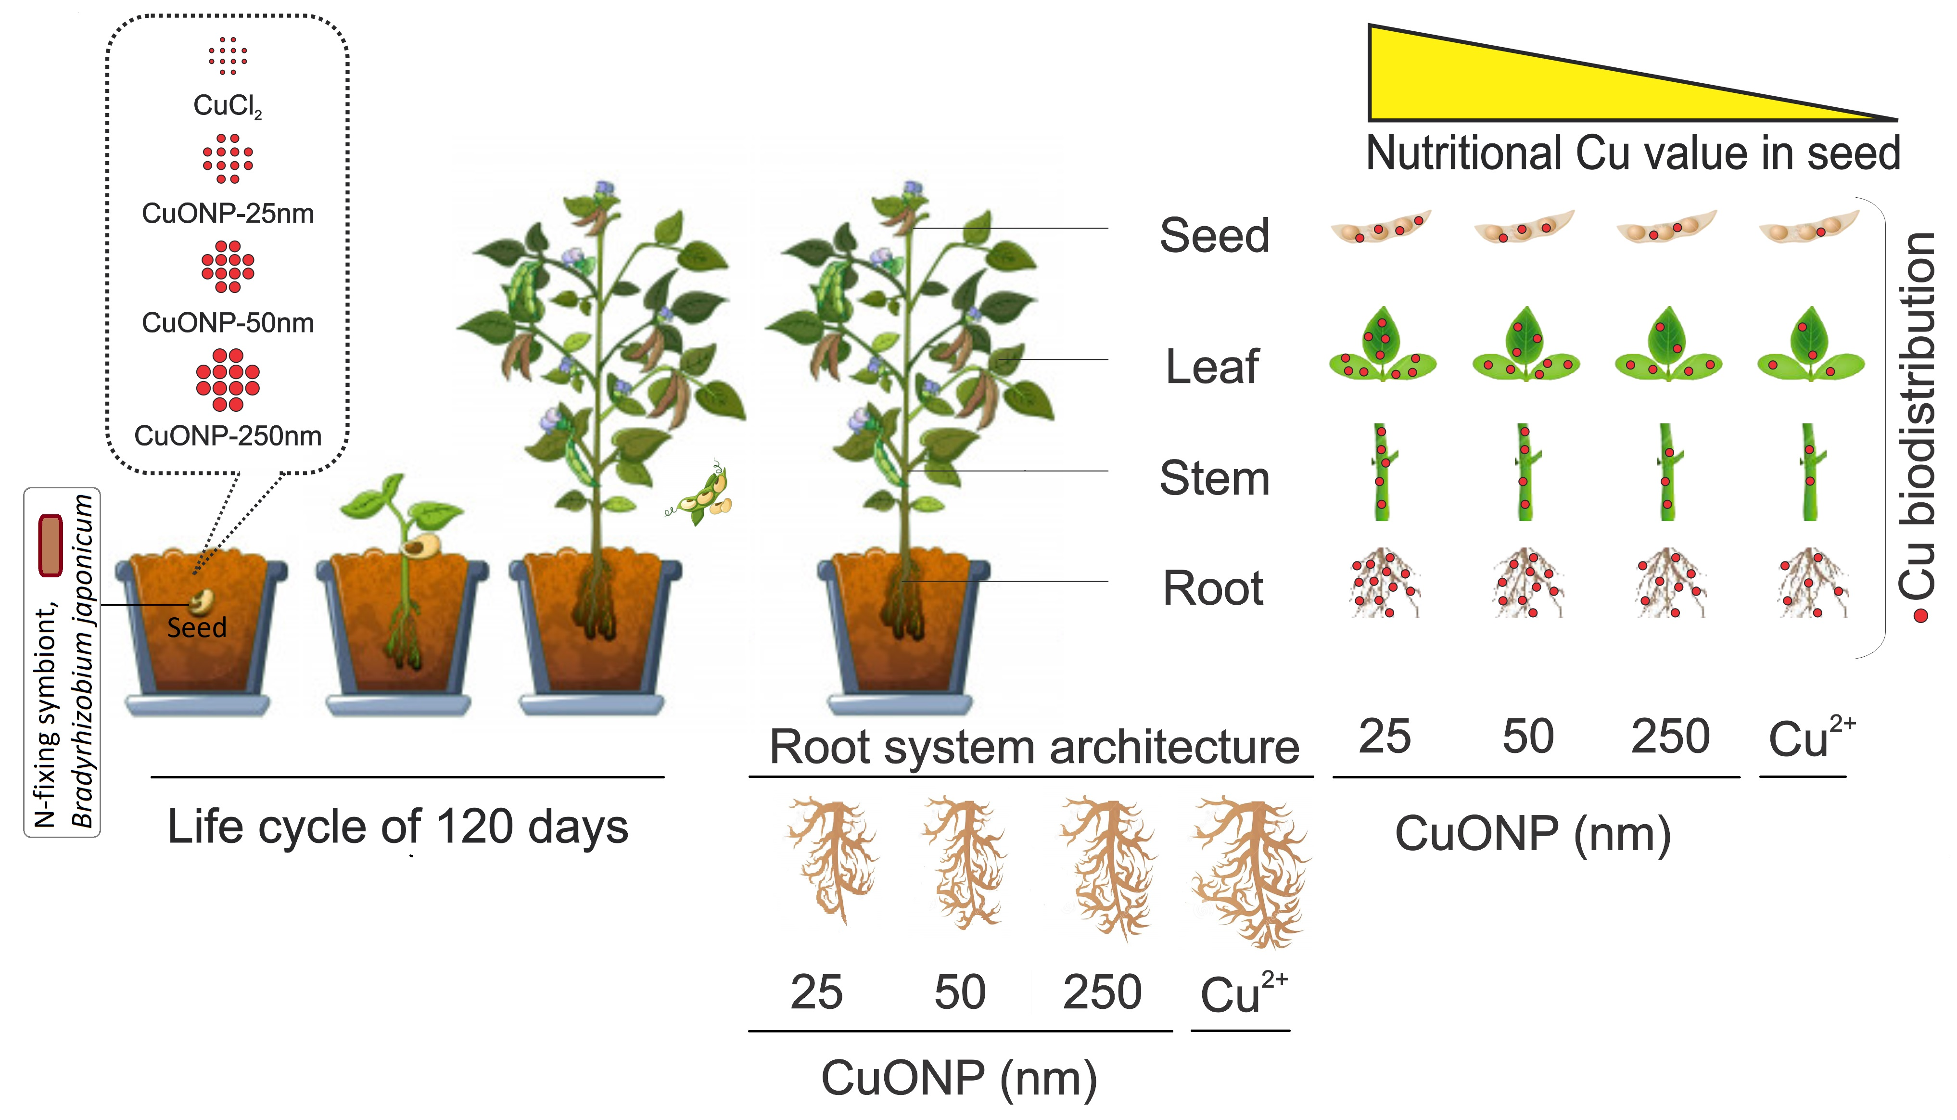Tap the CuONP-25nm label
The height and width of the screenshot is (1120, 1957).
(x=228, y=213)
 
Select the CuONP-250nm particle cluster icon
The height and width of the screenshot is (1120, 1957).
(x=228, y=380)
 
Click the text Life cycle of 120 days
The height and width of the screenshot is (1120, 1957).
(x=397, y=827)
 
